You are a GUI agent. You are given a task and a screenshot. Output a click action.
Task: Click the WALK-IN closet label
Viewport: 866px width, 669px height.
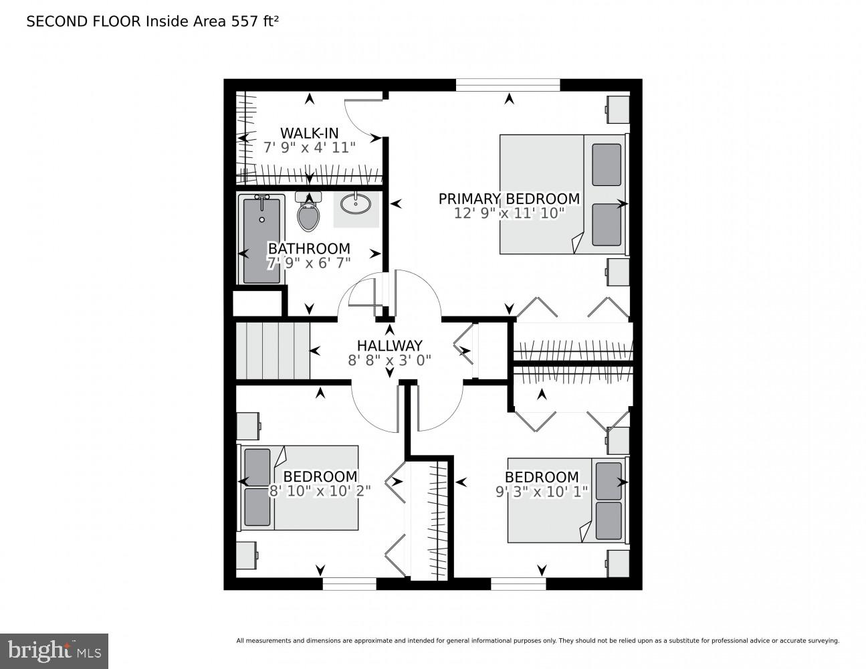[x=309, y=132]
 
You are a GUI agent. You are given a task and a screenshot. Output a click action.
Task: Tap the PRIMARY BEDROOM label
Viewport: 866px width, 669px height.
[x=509, y=199]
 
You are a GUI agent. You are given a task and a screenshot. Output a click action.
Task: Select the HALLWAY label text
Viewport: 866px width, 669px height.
[x=389, y=345]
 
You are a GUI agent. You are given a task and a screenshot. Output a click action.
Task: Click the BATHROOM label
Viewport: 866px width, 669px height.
[x=309, y=248]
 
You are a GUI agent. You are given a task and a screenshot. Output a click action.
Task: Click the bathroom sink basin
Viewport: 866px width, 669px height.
[x=356, y=203]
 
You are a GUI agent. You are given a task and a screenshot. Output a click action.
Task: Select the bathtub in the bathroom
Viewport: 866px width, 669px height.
[x=261, y=240]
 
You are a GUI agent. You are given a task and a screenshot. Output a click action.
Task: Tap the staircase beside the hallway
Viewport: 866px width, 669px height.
[x=272, y=351]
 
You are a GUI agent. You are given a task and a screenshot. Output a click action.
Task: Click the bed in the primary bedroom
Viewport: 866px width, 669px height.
[x=563, y=195]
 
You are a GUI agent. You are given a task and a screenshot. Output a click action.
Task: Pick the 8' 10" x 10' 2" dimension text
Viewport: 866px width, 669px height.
[x=320, y=490]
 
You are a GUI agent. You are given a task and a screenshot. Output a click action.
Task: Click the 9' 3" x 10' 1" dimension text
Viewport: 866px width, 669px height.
[x=541, y=492]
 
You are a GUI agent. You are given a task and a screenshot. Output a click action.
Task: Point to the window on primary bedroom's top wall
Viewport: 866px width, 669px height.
[x=508, y=84]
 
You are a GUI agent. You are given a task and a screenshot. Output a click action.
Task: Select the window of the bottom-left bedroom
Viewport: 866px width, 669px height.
[x=349, y=583]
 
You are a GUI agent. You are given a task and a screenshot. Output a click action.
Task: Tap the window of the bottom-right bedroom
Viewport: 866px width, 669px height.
[x=518, y=583]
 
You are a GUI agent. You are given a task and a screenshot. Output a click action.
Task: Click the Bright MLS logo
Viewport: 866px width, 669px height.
[x=54, y=650]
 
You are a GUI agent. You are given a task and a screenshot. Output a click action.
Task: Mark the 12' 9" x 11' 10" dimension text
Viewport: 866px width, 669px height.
[x=509, y=213]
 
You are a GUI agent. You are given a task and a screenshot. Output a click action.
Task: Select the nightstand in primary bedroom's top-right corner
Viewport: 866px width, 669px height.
[x=617, y=109]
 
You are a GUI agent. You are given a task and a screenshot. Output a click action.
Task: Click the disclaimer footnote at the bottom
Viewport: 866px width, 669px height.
[x=537, y=641]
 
